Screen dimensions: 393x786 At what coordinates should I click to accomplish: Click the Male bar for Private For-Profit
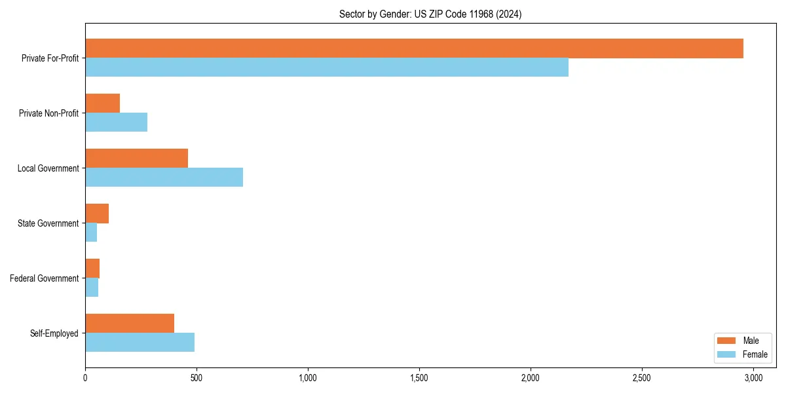coord(414,48)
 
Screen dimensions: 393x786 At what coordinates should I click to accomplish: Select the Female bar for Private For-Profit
coord(327,67)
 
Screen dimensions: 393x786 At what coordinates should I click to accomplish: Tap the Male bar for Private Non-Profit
coord(103,103)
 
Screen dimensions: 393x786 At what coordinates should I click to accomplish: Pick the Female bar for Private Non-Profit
coord(117,122)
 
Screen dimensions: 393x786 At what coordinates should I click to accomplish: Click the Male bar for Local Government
coord(137,159)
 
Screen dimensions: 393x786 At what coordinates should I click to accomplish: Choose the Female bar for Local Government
coord(164,178)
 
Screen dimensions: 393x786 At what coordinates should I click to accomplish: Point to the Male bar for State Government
coord(97,214)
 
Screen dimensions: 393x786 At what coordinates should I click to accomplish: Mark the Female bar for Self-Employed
coord(140,343)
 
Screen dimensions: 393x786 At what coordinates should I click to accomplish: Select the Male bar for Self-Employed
coord(130,324)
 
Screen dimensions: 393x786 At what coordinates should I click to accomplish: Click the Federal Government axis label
coord(45,278)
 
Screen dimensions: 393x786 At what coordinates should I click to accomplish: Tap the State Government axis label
coord(48,223)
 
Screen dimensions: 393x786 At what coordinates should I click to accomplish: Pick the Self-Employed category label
coord(54,333)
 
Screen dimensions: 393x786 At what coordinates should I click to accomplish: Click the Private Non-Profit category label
coord(49,113)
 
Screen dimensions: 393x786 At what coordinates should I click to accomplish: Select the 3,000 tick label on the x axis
coord(753,378)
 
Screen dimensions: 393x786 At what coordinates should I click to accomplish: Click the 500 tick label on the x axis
coord(196,378)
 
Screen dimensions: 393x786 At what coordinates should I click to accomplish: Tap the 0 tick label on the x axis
coord(85,378)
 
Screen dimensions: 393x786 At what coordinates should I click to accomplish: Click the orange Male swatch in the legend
coord(728,341)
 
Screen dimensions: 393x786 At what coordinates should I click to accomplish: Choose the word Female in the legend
coord(755,354)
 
